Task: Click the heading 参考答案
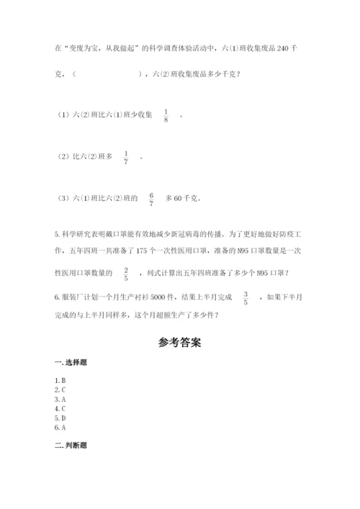pyautogui.click(x=179, y=343)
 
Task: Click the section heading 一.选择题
pyautogui.click(x=69, y=364)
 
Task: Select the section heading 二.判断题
pyautogui.click(x=69, y=445)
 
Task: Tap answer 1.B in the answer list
pyautogui.click(x=60, y=379)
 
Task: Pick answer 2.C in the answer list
pyautogui.click(x=60, y=389)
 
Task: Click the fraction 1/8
pyautogui.click(x=166, y=115)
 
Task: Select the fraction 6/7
pyautogui.click(x=151, y=198)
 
